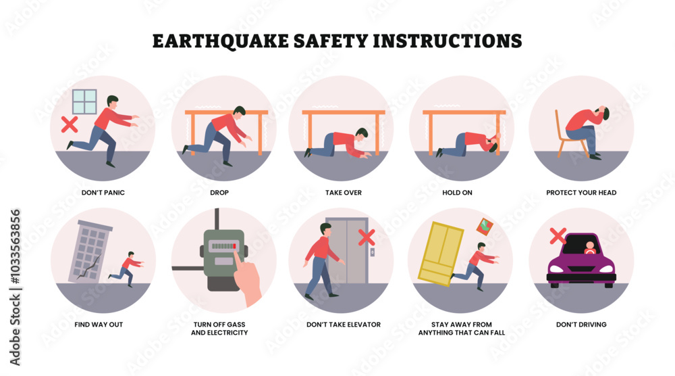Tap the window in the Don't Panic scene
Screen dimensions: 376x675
tap(85, 102)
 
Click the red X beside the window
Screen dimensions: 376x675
tap(68, 124)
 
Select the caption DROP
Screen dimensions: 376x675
tap(219, 193)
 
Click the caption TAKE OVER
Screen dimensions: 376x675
tap(343, 193)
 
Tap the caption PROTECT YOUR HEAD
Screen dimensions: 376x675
tap(581, 193)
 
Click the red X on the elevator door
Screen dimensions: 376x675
tap(367, 237)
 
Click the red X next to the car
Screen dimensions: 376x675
tap(558, 236)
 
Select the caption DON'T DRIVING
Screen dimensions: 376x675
tap(581, 325)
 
